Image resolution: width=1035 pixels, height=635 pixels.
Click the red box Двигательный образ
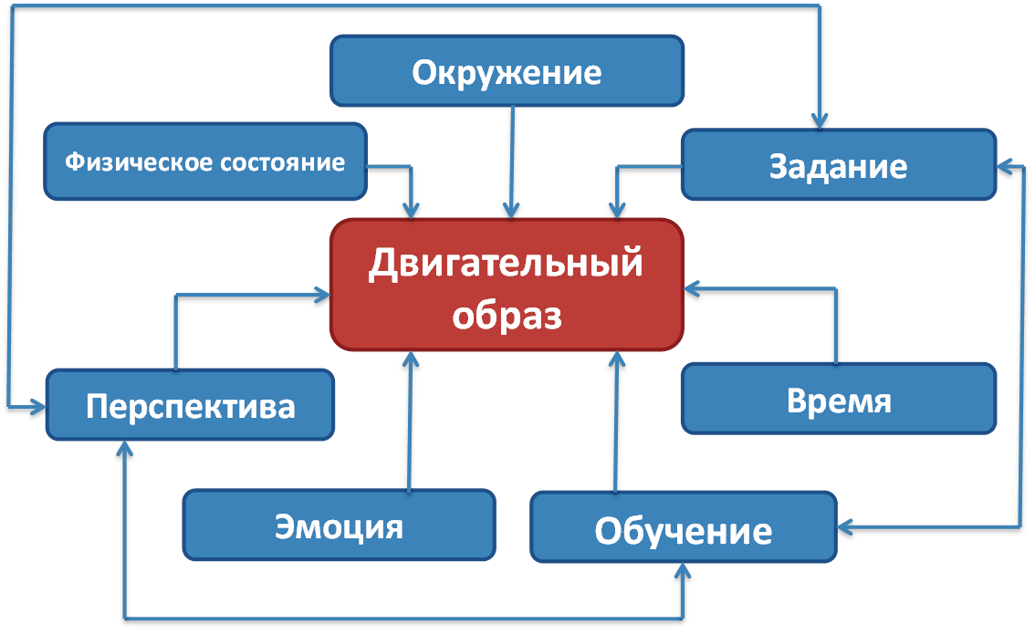507,285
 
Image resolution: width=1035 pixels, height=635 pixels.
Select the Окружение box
507,71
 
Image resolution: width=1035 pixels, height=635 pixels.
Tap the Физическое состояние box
204,162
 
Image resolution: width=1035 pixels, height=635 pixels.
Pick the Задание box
838,165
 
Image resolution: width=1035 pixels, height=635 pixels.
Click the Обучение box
684,528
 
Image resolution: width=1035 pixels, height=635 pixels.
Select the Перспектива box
190,404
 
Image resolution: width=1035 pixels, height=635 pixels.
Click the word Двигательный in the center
507,265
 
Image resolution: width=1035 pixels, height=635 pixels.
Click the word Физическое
138,162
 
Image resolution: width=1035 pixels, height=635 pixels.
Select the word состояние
284,162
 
